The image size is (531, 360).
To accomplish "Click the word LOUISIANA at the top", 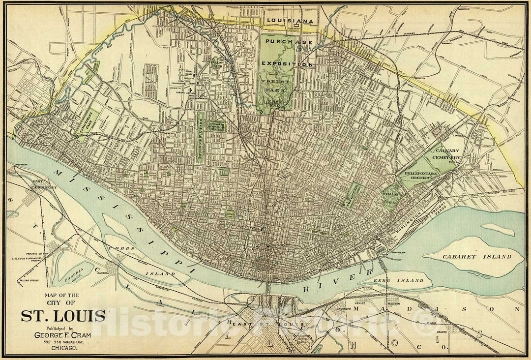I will tap(290, 21).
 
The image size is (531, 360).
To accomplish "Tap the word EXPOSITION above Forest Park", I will tap(287, 64).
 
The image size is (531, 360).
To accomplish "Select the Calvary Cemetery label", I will tap(447, 154).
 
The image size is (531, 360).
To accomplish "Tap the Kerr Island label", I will tap(405, 280).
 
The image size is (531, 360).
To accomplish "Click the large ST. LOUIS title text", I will tap(62, 315).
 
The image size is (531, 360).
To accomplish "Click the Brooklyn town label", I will tap(342, 308).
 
